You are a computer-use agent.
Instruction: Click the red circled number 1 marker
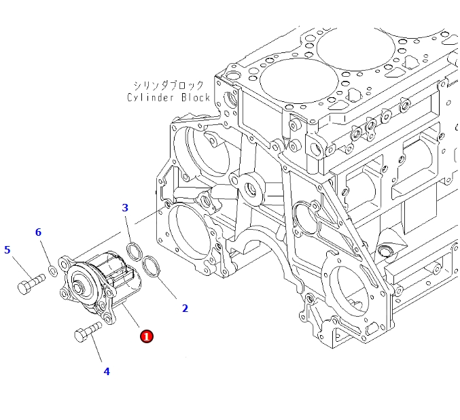tap(146, 336)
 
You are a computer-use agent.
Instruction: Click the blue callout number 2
tap(185, 308)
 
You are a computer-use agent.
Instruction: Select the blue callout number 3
tap(125, 207)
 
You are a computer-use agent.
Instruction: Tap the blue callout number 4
tap(107, 371)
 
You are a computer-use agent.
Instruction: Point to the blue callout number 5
tap(7, 249)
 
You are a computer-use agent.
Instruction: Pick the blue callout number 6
tap(38, 232)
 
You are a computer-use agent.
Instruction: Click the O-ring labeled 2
tap(152, 267)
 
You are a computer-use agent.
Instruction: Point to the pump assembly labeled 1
tap(102, 285)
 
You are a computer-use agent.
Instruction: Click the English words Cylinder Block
tap(169, 97)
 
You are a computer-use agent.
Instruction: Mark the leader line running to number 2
tap(167, 288)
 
